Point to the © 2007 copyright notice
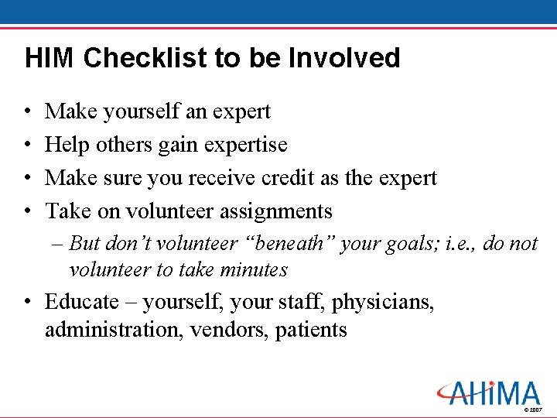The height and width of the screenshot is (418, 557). pyautogui.click(x=533, y=409)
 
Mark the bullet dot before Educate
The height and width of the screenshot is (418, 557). pyautogui.click(x=27, y=303)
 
